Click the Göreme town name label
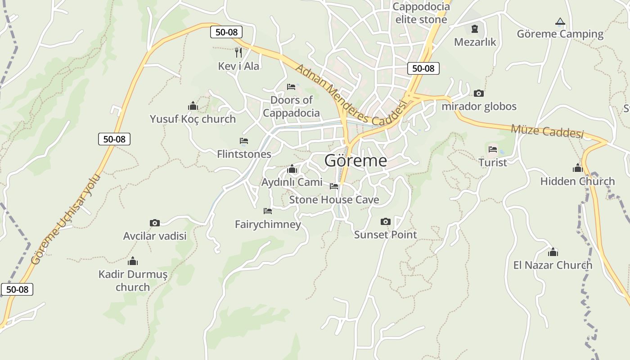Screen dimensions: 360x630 355,161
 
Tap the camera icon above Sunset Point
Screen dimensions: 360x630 386,221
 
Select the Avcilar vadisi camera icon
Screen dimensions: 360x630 155,223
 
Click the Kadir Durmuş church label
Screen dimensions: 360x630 133,280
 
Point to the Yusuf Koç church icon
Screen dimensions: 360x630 193,106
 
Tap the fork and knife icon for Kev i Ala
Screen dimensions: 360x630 238,53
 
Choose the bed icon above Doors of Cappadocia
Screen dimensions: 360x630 291,86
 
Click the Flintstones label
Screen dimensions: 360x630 244,154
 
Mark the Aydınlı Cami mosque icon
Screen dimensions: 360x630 292,169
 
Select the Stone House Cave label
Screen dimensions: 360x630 334,199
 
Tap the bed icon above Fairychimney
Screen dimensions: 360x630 268,211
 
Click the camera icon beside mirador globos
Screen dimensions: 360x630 479,94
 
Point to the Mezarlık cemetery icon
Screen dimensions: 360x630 475,29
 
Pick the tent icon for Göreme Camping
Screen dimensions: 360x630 560,21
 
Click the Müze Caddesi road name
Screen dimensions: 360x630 547,131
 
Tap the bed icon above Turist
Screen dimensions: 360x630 493,149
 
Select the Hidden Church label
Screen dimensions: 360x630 577,181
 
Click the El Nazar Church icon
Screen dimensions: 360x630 553,252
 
